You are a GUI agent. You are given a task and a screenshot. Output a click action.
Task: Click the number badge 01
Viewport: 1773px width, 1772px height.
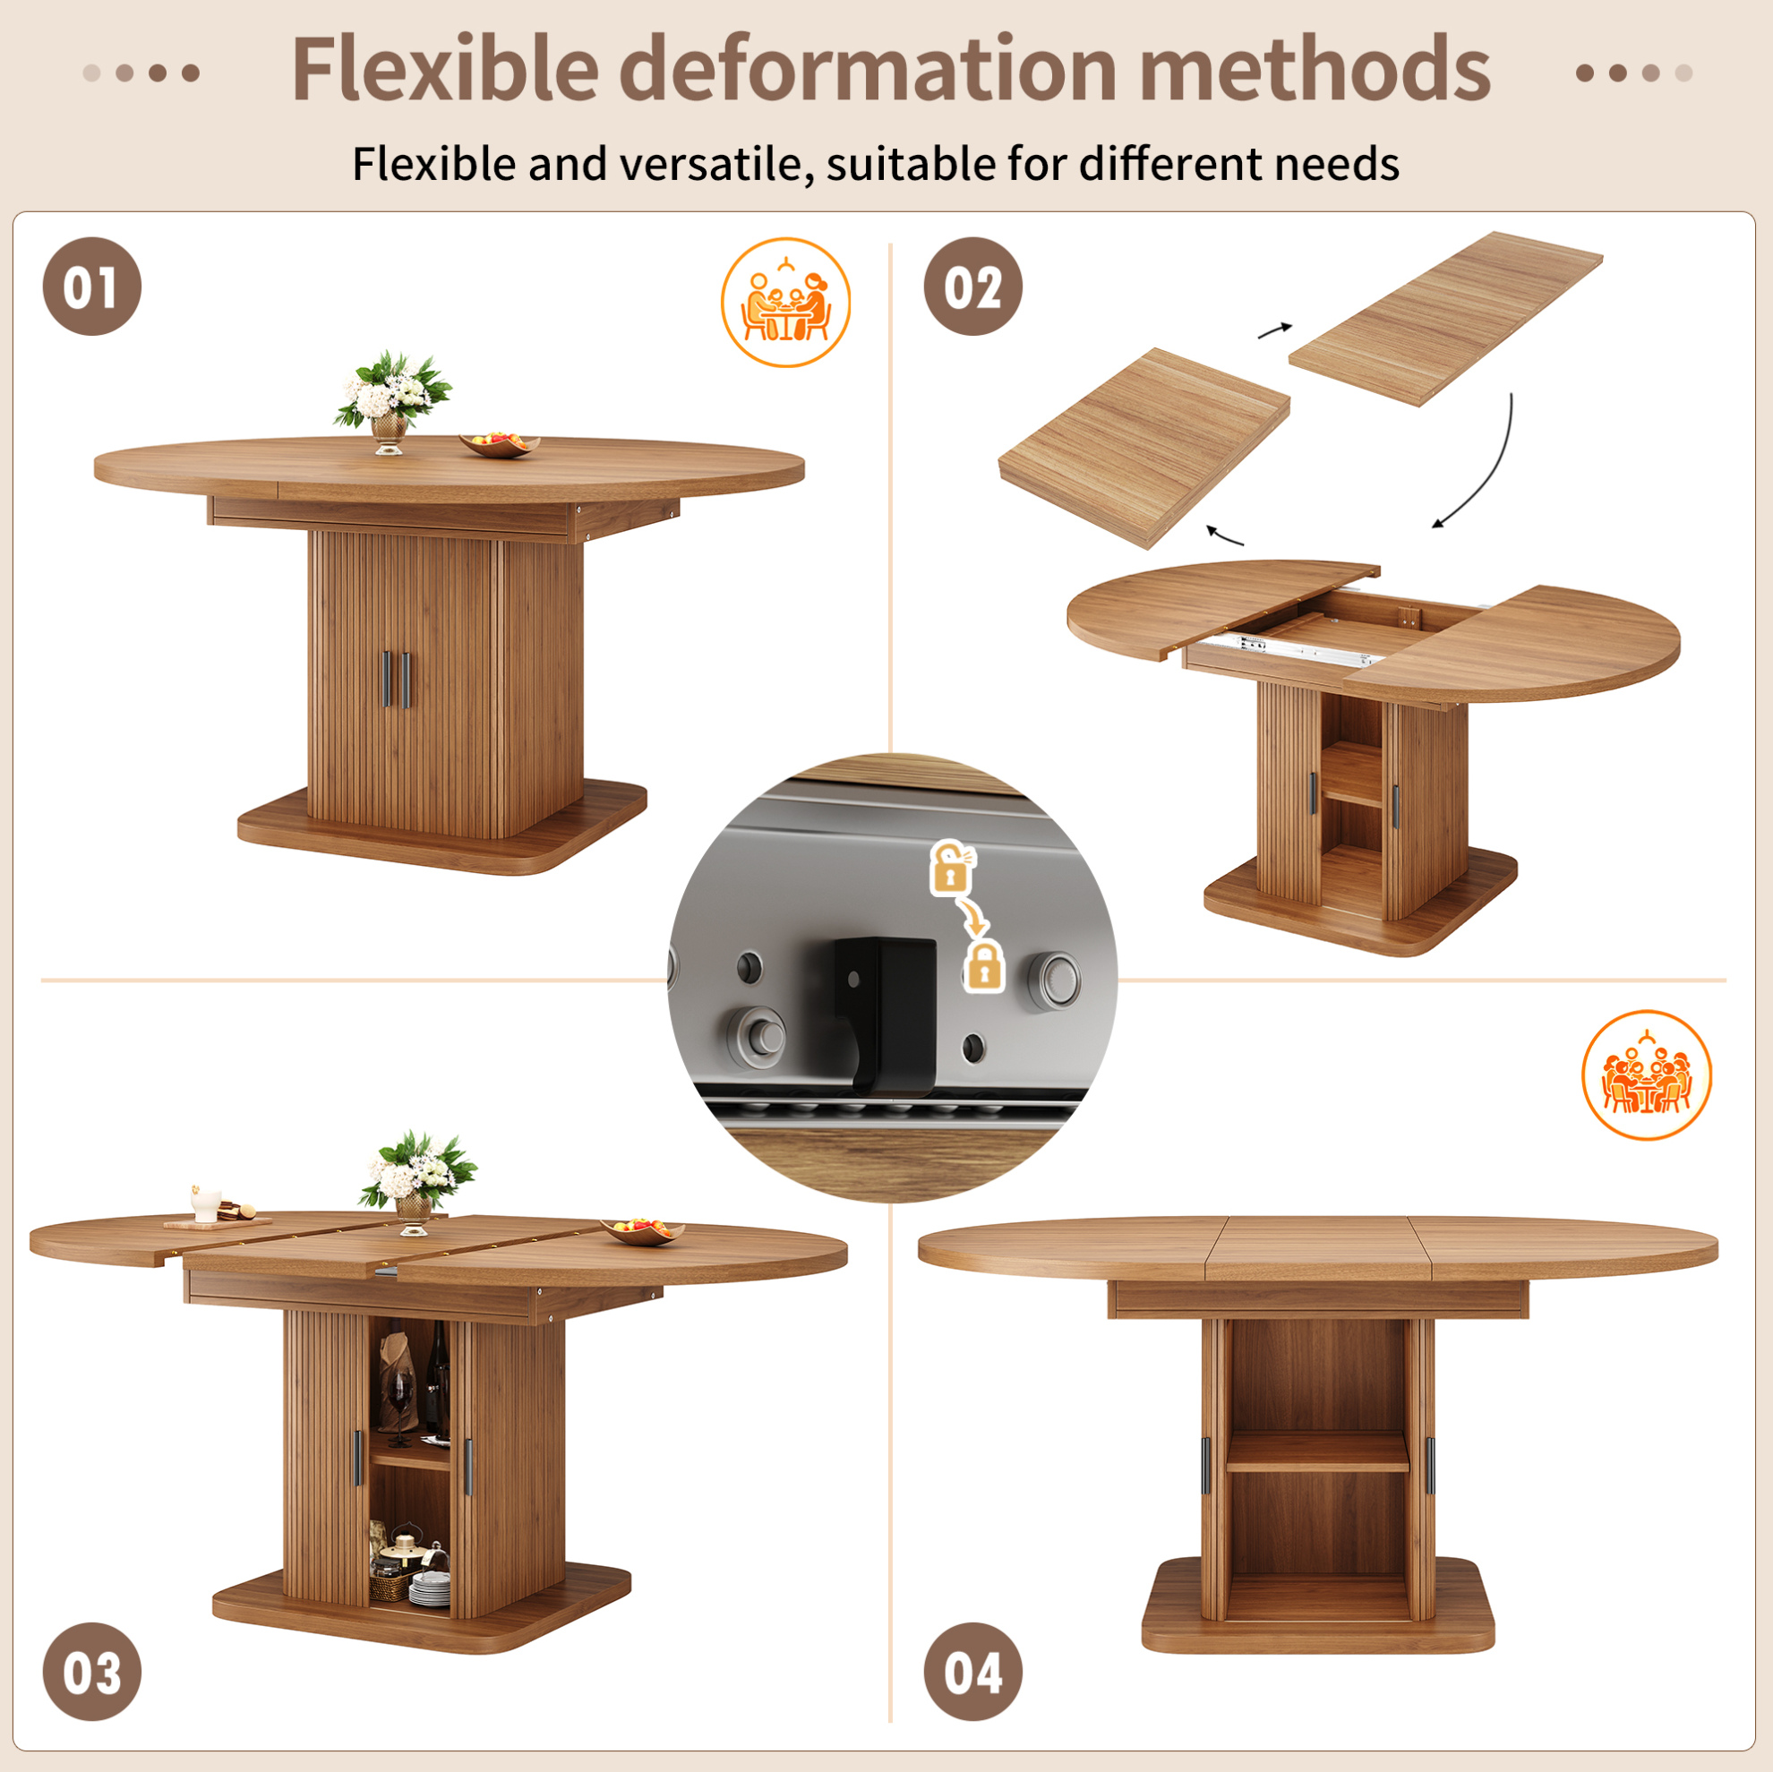tap(91, 287)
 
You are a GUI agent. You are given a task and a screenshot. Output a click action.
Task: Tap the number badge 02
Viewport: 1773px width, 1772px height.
tap(972, 287)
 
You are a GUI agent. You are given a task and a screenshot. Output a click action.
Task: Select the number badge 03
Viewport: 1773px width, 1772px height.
tap(91, 1671)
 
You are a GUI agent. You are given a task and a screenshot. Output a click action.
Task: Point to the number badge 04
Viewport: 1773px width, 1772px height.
tap(972, 1671)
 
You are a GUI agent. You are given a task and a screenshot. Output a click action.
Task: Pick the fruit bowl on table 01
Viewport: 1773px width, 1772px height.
tap(500, 444)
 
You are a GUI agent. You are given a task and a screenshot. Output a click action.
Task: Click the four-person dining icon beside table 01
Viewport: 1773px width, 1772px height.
tap(785, 303)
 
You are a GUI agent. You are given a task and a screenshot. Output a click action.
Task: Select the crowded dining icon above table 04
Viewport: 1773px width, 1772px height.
tap(1647, 1074)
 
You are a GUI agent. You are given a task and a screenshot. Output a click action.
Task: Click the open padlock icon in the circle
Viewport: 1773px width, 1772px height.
tap(953, 867)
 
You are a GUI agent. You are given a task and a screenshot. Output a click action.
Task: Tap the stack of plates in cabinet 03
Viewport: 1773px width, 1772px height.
tap(430, 1588)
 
